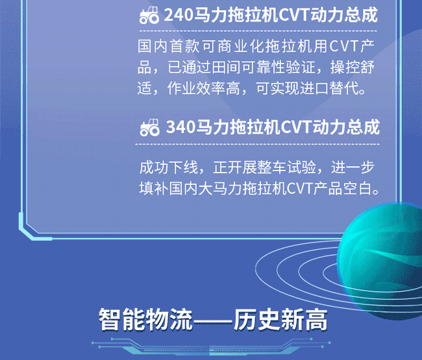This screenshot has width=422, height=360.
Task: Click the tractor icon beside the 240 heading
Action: coord(149,16)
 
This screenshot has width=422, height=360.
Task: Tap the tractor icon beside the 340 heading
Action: coord(149,127)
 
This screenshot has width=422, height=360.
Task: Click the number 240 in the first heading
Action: coord(179,15)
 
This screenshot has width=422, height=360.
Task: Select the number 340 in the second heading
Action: coord(180,127)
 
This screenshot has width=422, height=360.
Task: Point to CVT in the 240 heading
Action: coord(295,15)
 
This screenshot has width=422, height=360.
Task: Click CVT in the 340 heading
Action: coord(296,127)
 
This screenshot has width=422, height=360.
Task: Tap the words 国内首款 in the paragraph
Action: coord(169,46)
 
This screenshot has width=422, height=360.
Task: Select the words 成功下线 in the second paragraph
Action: coord(169,167)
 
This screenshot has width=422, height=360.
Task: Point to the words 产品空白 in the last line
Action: coord(343,188)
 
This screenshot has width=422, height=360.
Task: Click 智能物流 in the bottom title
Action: coord(145,319)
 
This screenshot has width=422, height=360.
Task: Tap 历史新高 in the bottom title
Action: coord(280,319)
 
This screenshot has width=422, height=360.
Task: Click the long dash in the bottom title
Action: coord(213,320)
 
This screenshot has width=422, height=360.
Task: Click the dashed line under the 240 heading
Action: coord(258,31)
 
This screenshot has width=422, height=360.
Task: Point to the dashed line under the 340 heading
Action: coord(257,144)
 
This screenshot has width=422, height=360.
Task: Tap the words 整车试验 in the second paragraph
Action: coord(286,167)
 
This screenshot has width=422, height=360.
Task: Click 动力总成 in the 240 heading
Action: coord(344,15)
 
